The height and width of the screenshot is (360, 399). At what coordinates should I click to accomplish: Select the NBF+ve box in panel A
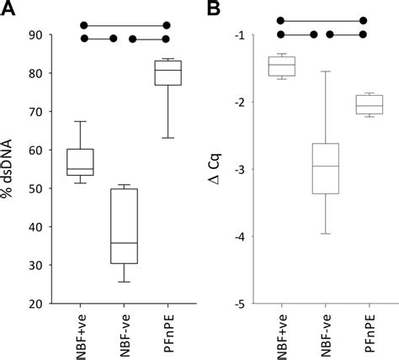click(80, 161)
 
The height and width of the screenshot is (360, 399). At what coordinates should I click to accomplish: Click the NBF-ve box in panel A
click(124, 225)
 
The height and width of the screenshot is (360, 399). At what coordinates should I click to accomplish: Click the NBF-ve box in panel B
click(324, 168)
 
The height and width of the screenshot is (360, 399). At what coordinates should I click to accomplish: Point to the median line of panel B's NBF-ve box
click(324, 167)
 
